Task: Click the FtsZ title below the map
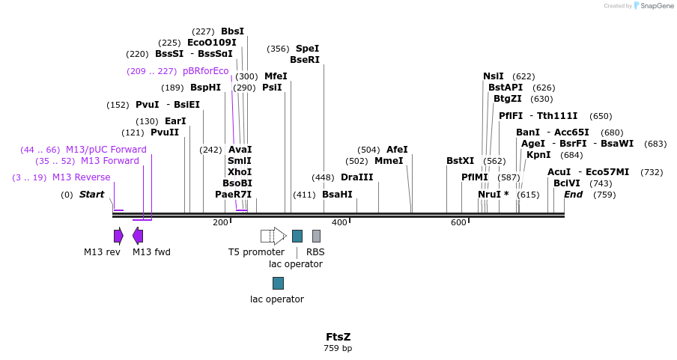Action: pos(338,337)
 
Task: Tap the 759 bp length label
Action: pos(338,348)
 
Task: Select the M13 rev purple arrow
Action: pos(118,236)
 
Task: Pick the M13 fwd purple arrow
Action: pos(138,236)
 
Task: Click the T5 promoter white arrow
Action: pos(273,236)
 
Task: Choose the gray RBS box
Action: pos(316,236)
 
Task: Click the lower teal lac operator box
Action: pos(278,283)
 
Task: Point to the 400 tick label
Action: pos(339,222)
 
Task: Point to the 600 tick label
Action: pos(458,222)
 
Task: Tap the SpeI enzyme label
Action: pos(307,49)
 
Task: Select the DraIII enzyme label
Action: pos(356,177)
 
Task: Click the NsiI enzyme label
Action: pos(494,76)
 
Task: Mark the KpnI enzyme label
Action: pos(538,155)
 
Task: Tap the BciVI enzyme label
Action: pos(567,183)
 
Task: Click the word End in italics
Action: pos(573,195)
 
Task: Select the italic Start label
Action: pos(91,195)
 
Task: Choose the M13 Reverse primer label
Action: pos(81,177)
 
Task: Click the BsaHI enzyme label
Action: pos(337,195)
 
